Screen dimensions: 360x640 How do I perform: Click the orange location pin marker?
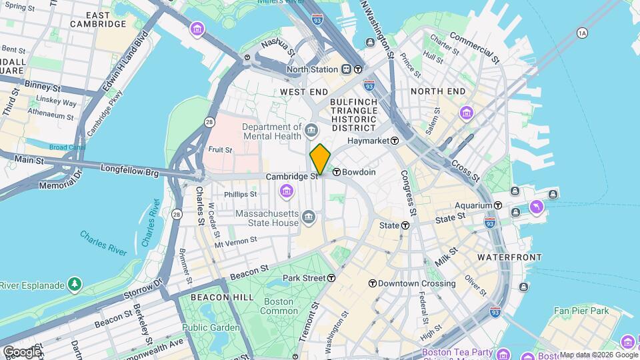(x=320, y=159)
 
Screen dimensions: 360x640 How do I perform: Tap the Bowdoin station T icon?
(x=337, y=172)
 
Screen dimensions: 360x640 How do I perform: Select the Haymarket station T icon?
(x=395, y=141)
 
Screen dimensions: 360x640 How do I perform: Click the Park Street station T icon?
(x=331, y=277)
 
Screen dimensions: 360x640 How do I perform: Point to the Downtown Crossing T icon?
(x=372, y=283)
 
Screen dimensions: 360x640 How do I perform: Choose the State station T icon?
(x=405, y=225)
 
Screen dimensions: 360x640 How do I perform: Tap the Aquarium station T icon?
(x=497, y=205)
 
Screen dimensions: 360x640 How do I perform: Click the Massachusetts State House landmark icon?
(x=309, y=215)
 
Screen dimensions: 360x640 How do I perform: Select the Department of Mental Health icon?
(x=311, y=127)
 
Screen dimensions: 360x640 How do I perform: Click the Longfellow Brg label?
(x=130, y=172)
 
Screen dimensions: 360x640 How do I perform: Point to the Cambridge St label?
(x=291, y=177)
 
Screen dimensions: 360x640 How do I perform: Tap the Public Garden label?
(x=211, y=327)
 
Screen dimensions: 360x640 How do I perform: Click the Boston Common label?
(x=279, y=306)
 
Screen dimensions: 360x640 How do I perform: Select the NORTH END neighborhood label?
(x=438, y=91)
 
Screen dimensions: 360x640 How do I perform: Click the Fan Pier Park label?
(x=581, y=311)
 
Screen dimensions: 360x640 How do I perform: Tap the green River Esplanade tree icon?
(x=75, y=285)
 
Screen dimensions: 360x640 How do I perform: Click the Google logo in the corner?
(x=22, y=351)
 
